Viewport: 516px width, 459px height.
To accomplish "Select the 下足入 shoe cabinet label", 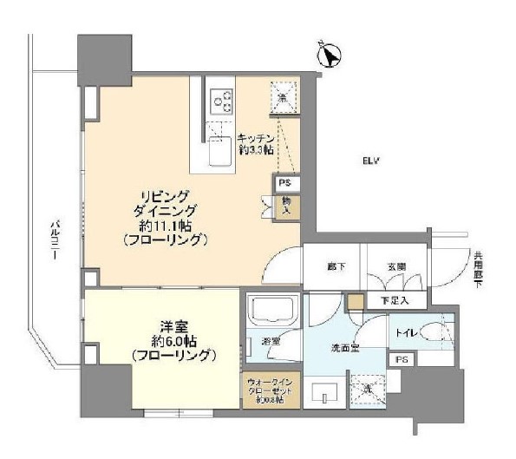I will [395, 300].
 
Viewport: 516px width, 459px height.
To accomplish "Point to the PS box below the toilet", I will [401, 359].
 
